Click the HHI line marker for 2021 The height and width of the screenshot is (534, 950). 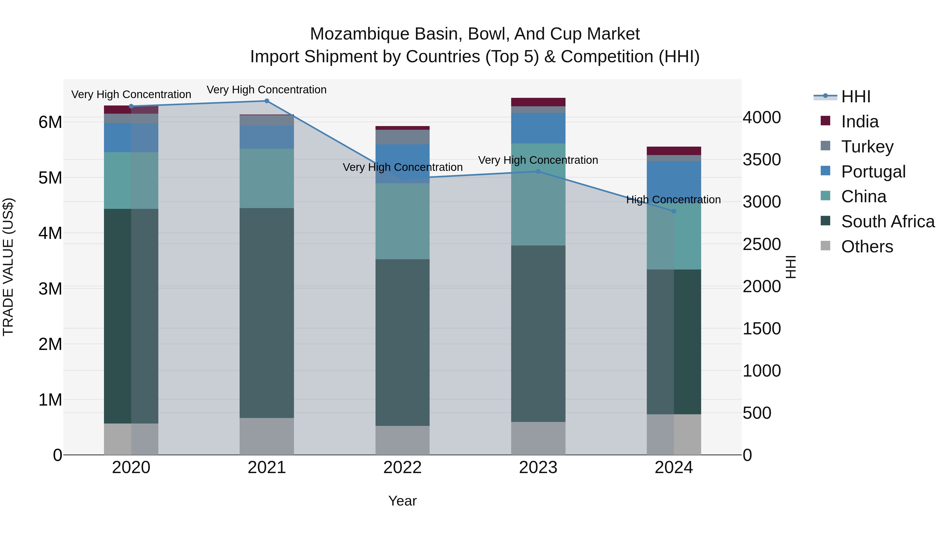(x=267, y=101)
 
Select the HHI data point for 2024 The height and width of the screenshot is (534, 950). (x=674, y=211)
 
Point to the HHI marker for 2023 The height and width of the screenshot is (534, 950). (x=538, y=171)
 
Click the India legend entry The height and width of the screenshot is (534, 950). (x=860, y=122)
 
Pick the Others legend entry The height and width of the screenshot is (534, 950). (x=867, y=247)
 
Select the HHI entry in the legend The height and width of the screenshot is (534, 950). (x=856, y=97)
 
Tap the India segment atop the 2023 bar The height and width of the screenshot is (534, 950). (x=538, y=102)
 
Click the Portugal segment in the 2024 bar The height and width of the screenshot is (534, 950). (x=674, y=179)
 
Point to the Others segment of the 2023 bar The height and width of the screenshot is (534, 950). (x=538, y=438)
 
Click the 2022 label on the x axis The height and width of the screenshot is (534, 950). (x=402, y=468)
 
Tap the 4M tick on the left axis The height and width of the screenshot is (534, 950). (x=50, y=233)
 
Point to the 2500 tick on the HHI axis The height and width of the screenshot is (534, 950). (x=762, y=244)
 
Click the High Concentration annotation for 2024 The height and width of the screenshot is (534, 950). (x=673, y=200)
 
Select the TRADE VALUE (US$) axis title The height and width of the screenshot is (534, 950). (x=8, y=267)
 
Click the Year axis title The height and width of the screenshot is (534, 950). (x=402, y=501)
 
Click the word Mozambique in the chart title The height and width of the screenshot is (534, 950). (x=360, y=34)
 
